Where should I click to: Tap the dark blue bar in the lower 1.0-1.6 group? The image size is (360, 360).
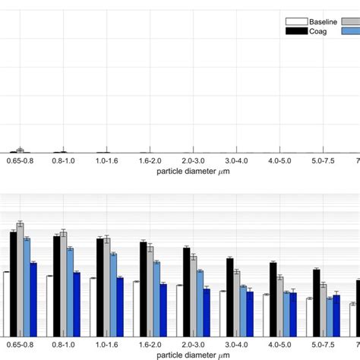coord(120,306)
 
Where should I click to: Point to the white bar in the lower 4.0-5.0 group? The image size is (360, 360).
coord(266,314)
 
